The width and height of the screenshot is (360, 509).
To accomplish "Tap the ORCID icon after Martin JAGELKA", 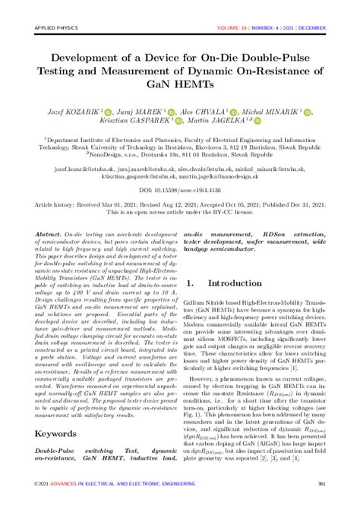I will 258,121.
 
